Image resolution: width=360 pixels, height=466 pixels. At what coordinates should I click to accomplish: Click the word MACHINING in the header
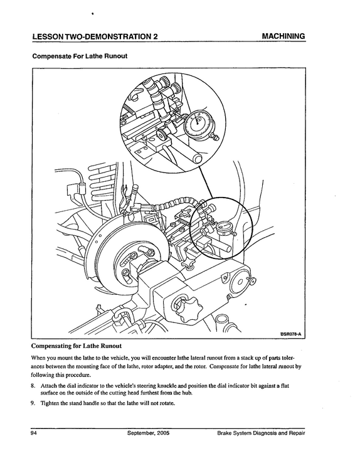click(x=283, y=36)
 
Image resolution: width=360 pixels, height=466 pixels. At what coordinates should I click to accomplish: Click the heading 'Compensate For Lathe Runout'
click(x=80, y=56)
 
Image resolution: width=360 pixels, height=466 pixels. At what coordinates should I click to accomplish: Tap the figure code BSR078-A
click(x=291, y=334)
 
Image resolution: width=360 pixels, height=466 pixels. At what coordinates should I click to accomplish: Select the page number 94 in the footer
click(x=33, y=433)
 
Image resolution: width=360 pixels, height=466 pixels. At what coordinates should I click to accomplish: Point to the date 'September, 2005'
click(x=149, y=433)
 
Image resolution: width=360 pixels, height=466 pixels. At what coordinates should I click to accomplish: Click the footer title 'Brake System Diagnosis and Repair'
click(x=261, y=433)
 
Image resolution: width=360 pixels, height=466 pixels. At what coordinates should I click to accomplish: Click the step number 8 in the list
click(x=33, y=386)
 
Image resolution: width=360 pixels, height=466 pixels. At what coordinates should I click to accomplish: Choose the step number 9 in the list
click(x=33, y=403)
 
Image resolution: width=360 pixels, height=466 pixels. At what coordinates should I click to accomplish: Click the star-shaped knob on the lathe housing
click(x=188, y=307)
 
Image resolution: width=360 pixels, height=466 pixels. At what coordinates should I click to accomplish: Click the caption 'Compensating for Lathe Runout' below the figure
click(x=77, y=346)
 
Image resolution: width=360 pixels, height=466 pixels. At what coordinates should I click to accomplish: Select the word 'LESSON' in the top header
click(x=48, y=36)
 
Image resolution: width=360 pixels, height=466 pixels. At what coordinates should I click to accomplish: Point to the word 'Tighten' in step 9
click(x=49, y=403)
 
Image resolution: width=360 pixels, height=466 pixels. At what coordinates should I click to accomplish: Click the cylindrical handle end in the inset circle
click(x=198, y=159)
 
